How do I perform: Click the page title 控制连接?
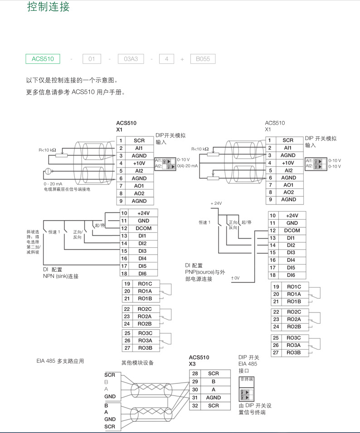(x=49, y=8)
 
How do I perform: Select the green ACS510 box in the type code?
(x=43, y=59)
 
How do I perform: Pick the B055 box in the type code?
(x=203, y=59)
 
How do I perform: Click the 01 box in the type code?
(x=92, y=59)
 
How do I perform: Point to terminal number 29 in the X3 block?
(x=195, y=381)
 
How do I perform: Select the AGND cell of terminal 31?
(x=213, y=398)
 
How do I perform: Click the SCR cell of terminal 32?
(x=213, y=406)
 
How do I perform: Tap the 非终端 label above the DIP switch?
(x=246, y=379)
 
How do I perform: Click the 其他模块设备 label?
(x=137, y=362)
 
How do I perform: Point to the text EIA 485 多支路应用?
(x=60, y=361)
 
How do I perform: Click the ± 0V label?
(x=235, y=278)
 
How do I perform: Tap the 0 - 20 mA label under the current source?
(x=53, y=183)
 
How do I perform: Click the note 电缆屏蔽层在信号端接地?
(x=67, y=189)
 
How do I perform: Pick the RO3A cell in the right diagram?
(x=294, y=345)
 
